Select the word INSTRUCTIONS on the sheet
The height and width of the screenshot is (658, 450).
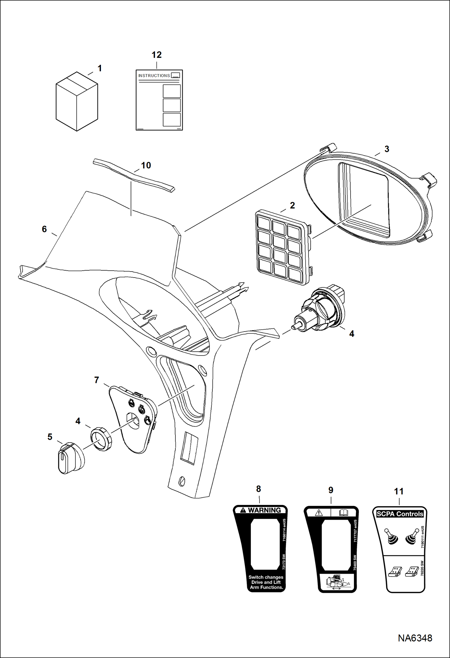coord(154,76)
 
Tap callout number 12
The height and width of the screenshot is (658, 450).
coord(157,55)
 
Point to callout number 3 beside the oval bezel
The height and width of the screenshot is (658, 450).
coord(387,149)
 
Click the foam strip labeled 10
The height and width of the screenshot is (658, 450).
coord(133,176)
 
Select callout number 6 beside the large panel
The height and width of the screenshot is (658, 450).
coord(44,229)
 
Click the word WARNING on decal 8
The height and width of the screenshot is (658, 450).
coord(264,510)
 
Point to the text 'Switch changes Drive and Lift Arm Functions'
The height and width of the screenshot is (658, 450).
coord(266,582)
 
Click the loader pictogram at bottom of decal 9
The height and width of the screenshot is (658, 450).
coord(337,583)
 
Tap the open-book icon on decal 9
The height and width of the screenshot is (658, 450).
coord(343,513)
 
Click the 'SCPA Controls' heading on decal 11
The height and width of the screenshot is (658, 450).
coord(400,514)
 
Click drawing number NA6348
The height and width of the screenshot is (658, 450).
coord(415,638)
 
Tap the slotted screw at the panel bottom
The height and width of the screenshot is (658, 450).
coord(182,481)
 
